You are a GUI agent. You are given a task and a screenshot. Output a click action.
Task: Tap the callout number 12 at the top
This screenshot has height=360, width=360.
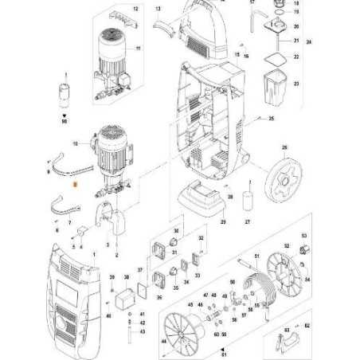135,8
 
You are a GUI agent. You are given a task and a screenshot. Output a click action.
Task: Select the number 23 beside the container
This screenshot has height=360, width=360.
297,84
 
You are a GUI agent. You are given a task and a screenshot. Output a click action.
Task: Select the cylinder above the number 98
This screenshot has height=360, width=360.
65,90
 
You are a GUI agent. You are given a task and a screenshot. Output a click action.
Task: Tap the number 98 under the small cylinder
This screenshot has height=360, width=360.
65,121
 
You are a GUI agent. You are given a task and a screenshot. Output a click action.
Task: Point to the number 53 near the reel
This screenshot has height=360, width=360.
303,236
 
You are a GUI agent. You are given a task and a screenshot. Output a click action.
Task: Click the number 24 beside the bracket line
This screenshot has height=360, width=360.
309,40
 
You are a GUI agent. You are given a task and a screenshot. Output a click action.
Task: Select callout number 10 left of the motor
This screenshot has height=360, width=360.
76,144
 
